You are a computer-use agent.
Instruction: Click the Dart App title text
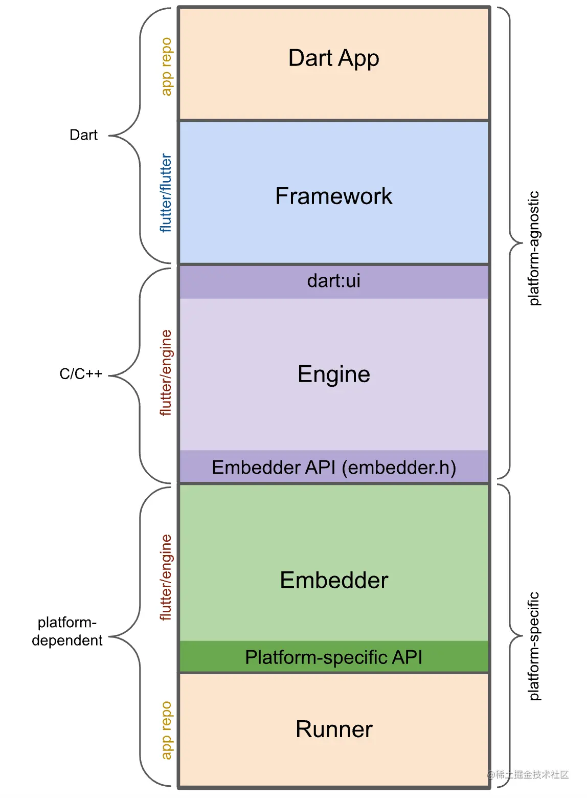333,58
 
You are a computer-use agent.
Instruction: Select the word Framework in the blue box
333,196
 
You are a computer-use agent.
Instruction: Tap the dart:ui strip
333,281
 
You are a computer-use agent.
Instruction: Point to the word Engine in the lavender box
333,374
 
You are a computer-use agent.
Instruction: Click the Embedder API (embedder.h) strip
333,468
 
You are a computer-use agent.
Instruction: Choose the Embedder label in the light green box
333,581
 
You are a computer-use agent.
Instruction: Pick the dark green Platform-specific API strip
333,657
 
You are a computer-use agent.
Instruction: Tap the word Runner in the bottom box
333,729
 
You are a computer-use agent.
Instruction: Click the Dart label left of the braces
83,135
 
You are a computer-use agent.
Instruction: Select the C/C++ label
81,374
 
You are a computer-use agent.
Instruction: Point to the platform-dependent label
67,631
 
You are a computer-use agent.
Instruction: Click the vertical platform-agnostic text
533,249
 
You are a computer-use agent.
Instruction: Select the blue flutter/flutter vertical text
166,193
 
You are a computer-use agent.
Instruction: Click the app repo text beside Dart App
166,66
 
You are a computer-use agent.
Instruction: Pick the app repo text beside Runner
166,730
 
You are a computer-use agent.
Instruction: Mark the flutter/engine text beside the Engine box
166,372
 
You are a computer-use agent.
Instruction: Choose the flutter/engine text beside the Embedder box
166,578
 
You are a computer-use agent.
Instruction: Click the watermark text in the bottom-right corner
528,774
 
